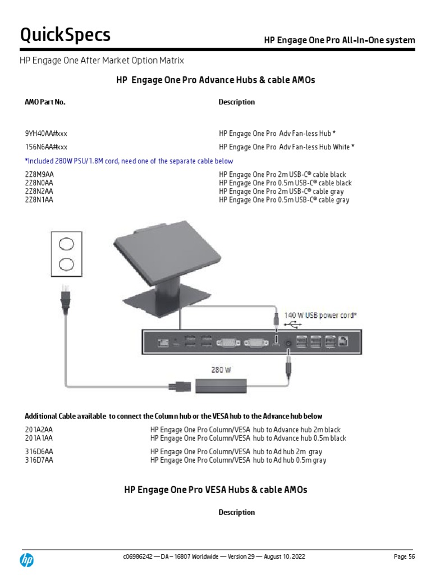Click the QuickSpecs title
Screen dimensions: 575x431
66,35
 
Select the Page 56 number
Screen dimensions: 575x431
404,556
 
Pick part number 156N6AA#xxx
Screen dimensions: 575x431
46,147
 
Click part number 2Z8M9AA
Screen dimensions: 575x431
39,175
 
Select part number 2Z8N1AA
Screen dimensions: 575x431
39,200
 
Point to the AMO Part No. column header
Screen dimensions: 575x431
45,102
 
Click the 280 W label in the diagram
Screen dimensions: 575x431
221,370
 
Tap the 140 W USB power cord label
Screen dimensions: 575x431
321,316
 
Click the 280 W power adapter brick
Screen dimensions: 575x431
221,385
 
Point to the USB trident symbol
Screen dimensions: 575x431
293,325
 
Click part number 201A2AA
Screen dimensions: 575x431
39,430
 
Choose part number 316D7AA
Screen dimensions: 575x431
39,460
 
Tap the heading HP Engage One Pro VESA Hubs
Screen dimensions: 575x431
215,490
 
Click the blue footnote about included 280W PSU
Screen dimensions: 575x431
129,161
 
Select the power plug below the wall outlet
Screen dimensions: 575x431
66,300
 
